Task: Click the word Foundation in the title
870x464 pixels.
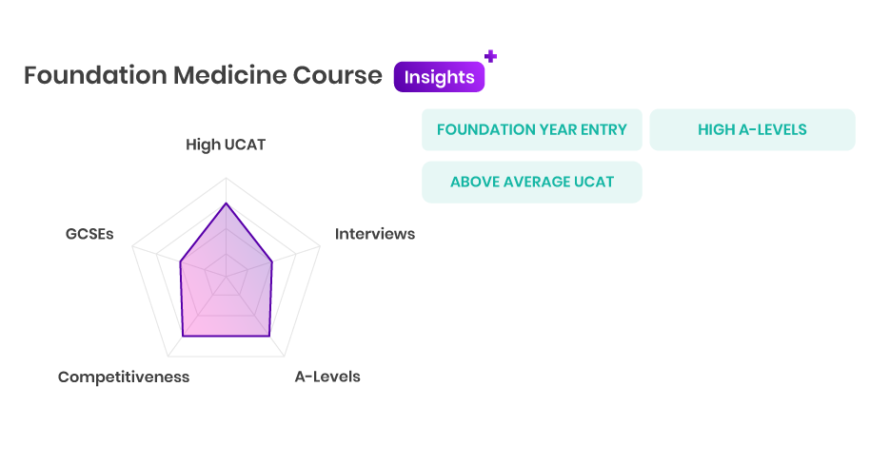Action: click(x=95, y=75)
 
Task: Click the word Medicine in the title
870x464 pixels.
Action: click(x=229, y=75)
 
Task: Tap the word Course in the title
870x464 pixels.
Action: click(x=337, y=75)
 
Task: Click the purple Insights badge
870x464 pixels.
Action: click(x=439, y=77)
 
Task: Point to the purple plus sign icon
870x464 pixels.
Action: click(x=490, y=56)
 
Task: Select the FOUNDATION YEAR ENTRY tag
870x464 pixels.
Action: click(x=531, y=129)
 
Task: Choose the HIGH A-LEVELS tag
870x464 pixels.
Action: click(x=752, y=129)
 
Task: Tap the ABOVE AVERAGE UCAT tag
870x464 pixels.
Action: click(x=531, y=182)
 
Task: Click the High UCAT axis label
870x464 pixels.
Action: click(x=226, y=145)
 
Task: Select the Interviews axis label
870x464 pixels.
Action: click(x=374, y=234)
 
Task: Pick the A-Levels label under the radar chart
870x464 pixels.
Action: click(x=327, y=377)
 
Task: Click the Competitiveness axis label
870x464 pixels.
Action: click(x=124, y=377)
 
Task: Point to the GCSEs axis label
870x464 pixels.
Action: click(x=89, y=234)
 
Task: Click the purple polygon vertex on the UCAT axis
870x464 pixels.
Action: click(x=226, y=203)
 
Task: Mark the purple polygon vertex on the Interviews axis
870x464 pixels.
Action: click(x=272, y=262)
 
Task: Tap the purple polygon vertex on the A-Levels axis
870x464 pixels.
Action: click(x=269, y=336)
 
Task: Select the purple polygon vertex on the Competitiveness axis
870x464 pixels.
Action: click(x=183, y=336)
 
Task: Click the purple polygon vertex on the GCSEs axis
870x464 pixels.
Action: click(x=180, y=262)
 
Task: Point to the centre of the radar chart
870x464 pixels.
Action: click(x=226, y=277)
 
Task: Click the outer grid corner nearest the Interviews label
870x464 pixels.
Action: click(x=320, y=246)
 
